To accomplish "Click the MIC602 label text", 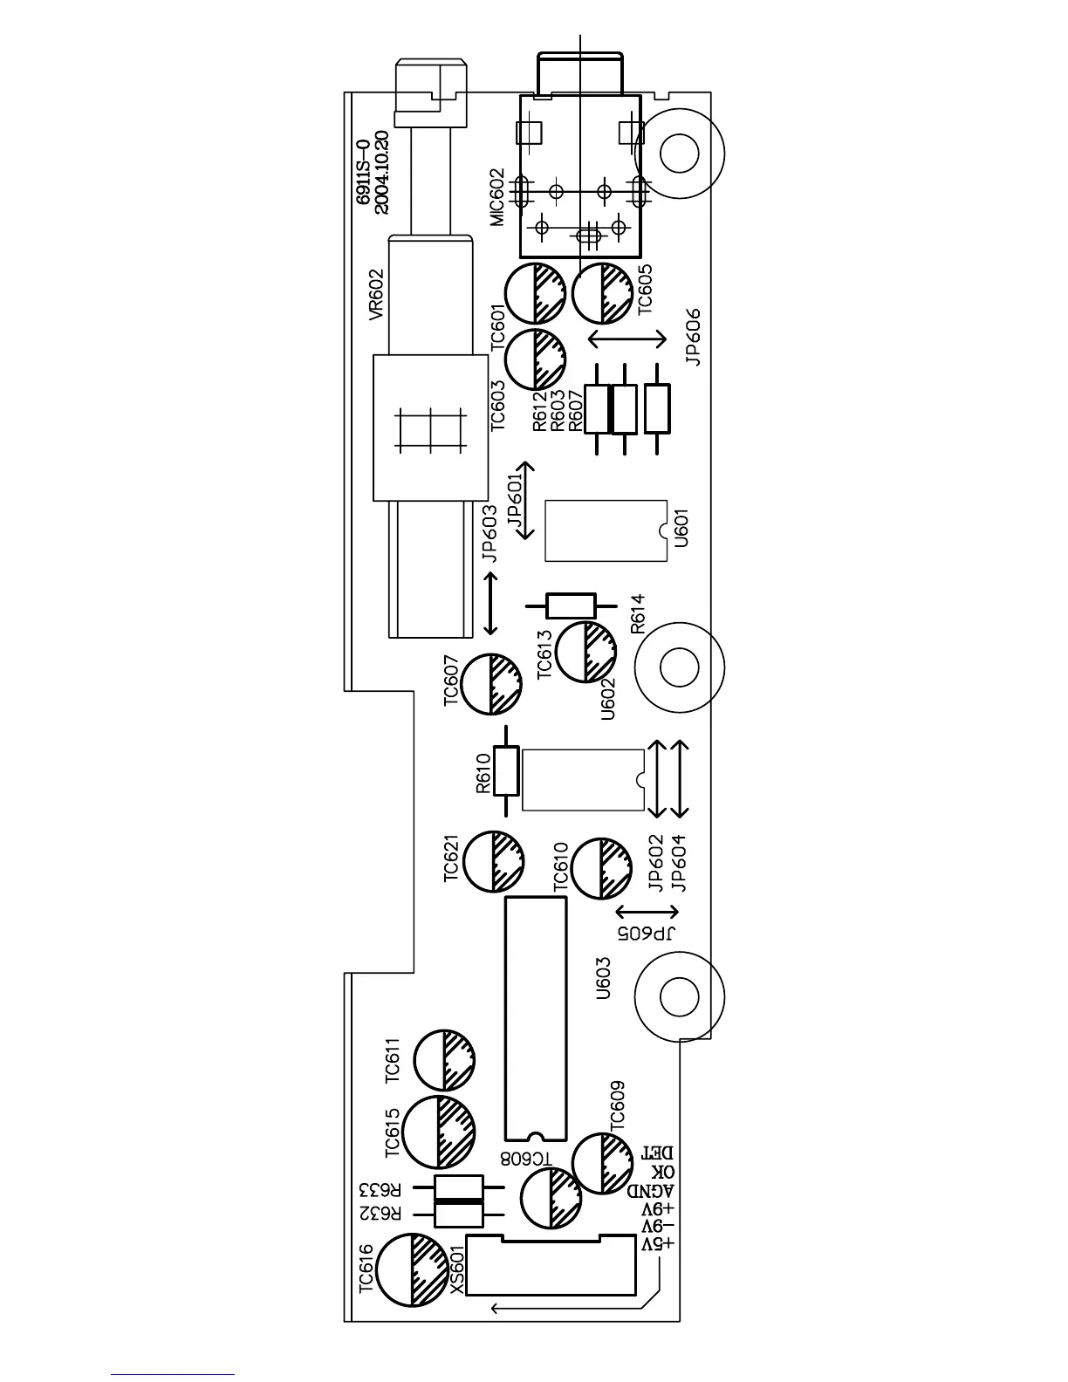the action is coord(497,197).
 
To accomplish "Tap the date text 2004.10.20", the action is coord(382,173).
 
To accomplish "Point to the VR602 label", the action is coord(376,295).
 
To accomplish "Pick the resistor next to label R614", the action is coord(571,605).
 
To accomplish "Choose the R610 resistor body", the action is coord(506,770).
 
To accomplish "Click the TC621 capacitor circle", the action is coord(494,861).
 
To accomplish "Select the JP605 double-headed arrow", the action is coord(647,913).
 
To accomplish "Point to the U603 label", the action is coord(602,978).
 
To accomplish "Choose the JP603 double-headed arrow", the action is coord(491,603).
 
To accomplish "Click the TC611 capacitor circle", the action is coord(444,1060).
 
